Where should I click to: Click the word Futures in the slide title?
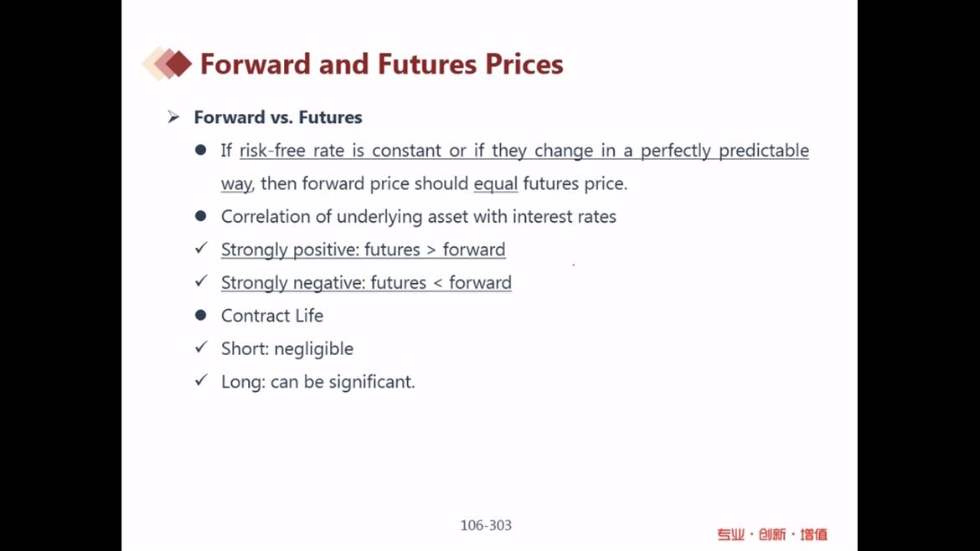coord(427,64)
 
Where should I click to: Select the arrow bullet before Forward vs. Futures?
coord(173,117)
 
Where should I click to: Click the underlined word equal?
coord(496,183)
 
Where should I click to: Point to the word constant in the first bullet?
coord(406,151)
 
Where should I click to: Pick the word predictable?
coord(764,152)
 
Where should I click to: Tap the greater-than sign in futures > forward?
coord(431,250)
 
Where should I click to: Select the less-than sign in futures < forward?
coord(437,283)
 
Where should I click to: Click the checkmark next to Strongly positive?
coord(201,248)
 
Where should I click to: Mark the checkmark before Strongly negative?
coord(201,281)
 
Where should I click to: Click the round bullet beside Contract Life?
coord(201,315)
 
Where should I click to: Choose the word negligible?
coord(314,348)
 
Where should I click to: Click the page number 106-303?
coord(486,525)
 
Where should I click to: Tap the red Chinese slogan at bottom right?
coord(772,534)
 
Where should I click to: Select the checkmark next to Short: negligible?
coord(201,347)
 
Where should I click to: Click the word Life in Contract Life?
coord(309,316)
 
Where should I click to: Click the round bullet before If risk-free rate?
coord(201,150)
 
